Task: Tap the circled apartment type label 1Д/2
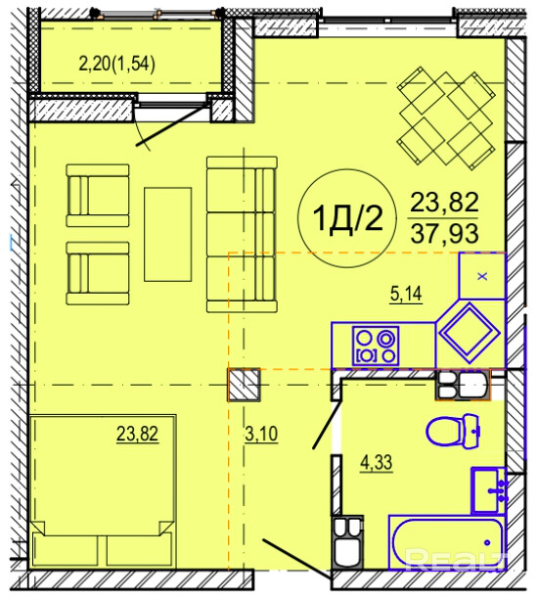[347, 219]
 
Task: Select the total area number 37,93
[444, 233]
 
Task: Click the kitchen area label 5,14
[406, 294]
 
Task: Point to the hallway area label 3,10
[261, 434]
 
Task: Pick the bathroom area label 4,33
[377, 463]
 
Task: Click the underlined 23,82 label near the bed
[137, 434]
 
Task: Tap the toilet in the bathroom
[454, 431]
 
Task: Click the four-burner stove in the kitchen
[376, 346]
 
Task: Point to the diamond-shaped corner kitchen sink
[470, 333]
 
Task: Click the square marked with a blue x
[482, 276]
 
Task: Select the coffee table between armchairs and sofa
[168, 234]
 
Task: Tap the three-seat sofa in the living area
[242, 234]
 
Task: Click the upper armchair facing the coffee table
[98, 196]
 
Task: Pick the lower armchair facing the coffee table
[98, 273]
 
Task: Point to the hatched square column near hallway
[245, 385]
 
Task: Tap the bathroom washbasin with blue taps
[489, 490]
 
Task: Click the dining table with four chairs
[446, 118]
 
